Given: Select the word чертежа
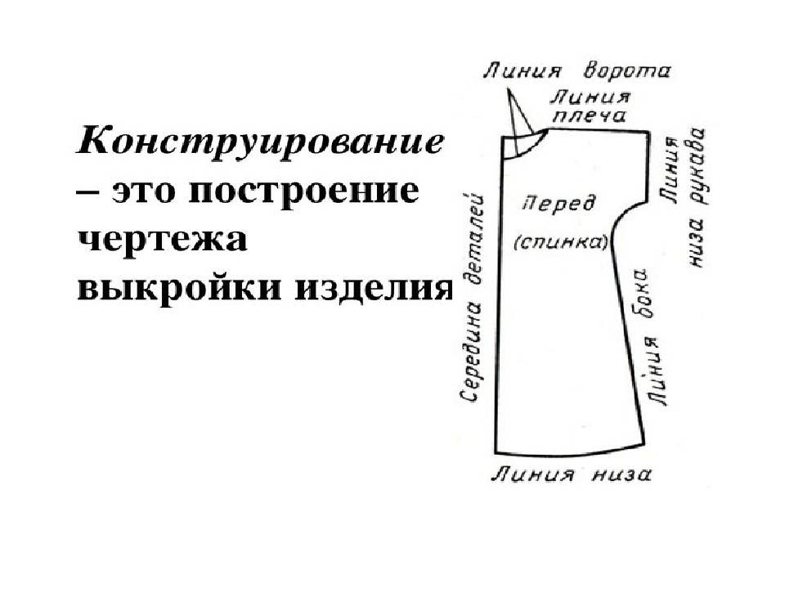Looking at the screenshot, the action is [162, 241].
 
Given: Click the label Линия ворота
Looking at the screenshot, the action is [576, 72].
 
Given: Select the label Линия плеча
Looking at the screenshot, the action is [590, 106].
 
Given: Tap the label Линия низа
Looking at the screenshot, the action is [572, 474].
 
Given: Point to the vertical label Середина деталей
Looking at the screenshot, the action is [471, 296].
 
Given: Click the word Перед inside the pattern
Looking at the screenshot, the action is [559, 205].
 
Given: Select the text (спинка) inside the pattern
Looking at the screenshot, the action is [561, 242].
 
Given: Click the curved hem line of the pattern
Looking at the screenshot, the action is [570, 451].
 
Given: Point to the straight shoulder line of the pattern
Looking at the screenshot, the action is [599, 131].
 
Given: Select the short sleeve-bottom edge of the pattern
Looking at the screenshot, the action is [648, 167].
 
